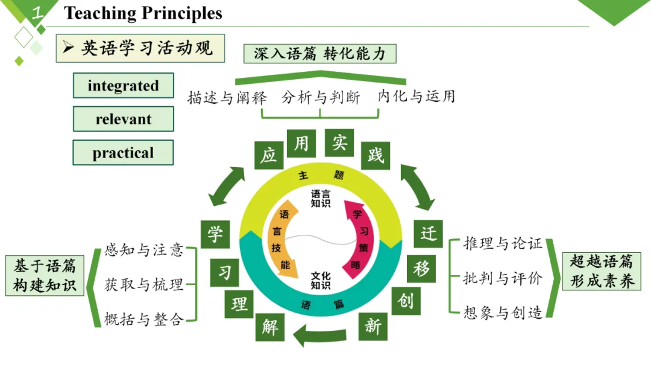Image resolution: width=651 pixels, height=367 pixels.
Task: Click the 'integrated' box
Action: (x=123, y=86)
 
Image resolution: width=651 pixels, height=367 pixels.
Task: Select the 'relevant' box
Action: (x=123, y=119)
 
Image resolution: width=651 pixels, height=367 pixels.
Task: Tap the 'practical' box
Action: (x=123, y=153)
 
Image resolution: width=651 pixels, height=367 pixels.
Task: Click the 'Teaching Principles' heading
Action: (x=143, y=13)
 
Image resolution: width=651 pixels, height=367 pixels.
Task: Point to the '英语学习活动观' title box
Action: (x=140, y=48)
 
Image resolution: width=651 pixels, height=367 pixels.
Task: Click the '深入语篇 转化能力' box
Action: (x=319, y=54)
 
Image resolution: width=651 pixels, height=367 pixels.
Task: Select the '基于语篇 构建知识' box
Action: (x=45, y=275)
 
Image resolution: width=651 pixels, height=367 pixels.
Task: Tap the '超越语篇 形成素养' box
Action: (x=602, y=271)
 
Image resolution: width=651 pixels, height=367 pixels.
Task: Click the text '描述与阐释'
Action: (x=227, y=98)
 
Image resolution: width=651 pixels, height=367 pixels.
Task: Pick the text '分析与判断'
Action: (x=321, y=98)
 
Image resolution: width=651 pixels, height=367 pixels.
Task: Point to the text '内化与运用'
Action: (x=416, y=97)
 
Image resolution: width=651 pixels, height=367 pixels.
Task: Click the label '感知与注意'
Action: (x=143, y=250)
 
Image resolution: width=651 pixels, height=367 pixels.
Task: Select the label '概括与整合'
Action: (x=143, y=319)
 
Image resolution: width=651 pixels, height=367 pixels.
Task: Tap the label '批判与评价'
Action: (x=503, y=278)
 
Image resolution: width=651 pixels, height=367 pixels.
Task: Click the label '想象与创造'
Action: (x=503, y=313)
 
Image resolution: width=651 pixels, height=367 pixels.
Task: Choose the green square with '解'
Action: (x=269, y=328)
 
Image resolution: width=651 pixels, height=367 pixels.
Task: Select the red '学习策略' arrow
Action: (x=356, y=238)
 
